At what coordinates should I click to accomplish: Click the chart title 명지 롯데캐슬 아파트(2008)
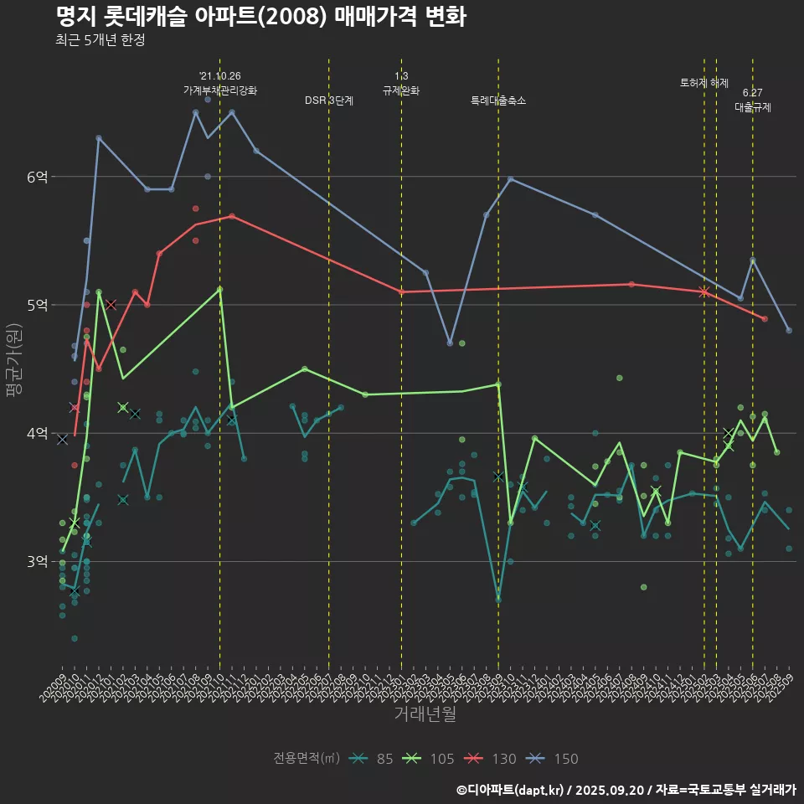pyautogui.click(x=260, y=17)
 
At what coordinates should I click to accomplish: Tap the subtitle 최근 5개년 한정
pyautogui.click(x=100, y=40)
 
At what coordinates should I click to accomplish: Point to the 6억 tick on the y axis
pyautogui.click(x=38, y=177)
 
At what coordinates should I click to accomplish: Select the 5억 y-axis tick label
pyautogui.click(x=38, y=305)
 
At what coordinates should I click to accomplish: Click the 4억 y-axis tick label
pyautogui.click(x=38, y=433)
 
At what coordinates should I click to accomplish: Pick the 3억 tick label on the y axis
pyautogui.click(x=38, y=561)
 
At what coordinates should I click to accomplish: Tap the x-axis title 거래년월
pyautogui.click(x=425, y=714)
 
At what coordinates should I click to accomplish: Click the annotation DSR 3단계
pyautogui.click(x=329, y=100)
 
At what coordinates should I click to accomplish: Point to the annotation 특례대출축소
pyautogui.click(x=498, y=100)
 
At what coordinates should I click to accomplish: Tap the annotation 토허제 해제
pyautogui.click(x=704, y=83)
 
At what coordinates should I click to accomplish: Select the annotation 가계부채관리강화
pyautogui.click(x=220, y=90)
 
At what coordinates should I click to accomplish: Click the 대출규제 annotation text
pyautogui.click(x=753, y=107)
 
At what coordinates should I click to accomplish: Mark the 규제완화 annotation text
pyautogui.click(x=401, y=90)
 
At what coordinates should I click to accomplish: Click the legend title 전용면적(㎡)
pyautogui.click(x=306, y=759)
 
